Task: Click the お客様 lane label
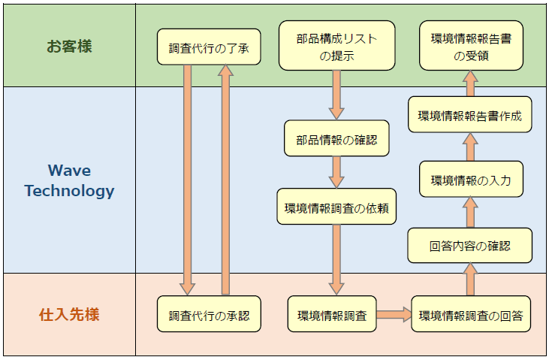(69, 46)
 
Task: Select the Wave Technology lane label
(69, 180)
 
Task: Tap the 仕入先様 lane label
(69, 314)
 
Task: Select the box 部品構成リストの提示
(336, 46)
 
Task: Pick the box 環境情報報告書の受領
(471, 46)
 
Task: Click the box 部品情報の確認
(336, 139)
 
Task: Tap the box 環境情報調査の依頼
(336, 207)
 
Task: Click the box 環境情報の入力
(471, 179)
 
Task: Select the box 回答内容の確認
(470, 246)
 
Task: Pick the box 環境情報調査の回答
(470, 315)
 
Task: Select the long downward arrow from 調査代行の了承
(188, 180)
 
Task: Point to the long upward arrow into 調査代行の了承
(226, 180)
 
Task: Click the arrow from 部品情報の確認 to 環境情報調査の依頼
(336, 173)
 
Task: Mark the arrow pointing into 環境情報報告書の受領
(470, 83)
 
